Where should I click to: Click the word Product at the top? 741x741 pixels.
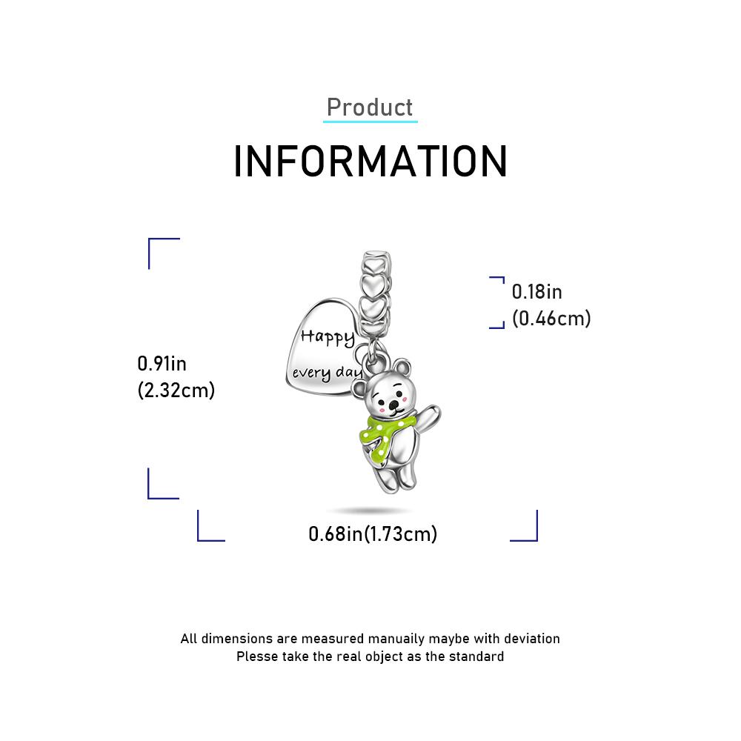(370, 107)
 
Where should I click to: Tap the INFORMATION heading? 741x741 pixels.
(370, 162)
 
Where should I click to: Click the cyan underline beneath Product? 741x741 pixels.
(370, 122)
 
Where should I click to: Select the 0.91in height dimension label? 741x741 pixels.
(162, 364)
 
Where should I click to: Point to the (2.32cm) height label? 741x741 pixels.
(176, 391)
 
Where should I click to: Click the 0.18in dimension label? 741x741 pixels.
(536, 292)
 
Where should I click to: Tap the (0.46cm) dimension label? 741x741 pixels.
(551, 319)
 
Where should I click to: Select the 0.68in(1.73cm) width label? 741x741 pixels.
(373, 534)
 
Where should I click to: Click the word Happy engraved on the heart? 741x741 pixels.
(328, 337)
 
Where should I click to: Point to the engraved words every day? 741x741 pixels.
(327, 373)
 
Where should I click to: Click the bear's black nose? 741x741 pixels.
(393, 405)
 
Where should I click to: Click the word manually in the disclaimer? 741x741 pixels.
(396, 639)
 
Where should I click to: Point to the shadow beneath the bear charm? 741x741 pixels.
(370, 511)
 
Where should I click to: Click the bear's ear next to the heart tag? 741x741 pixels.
(359, 388)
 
